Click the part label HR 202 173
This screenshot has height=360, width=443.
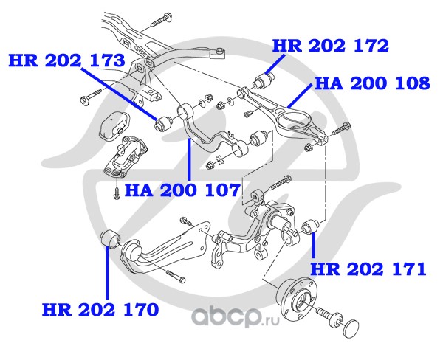67,60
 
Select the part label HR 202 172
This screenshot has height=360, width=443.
330,46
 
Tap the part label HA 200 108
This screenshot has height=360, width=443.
371,83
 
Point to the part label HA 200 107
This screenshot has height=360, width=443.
182,191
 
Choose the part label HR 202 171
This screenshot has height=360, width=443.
368,269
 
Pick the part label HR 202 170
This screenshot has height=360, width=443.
100,309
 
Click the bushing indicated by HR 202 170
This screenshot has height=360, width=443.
109,239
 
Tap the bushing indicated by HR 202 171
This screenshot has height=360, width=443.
310,223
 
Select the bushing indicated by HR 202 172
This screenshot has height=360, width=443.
267,77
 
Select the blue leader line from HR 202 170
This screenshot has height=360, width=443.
106,273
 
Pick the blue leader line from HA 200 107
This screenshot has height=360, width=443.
189,159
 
